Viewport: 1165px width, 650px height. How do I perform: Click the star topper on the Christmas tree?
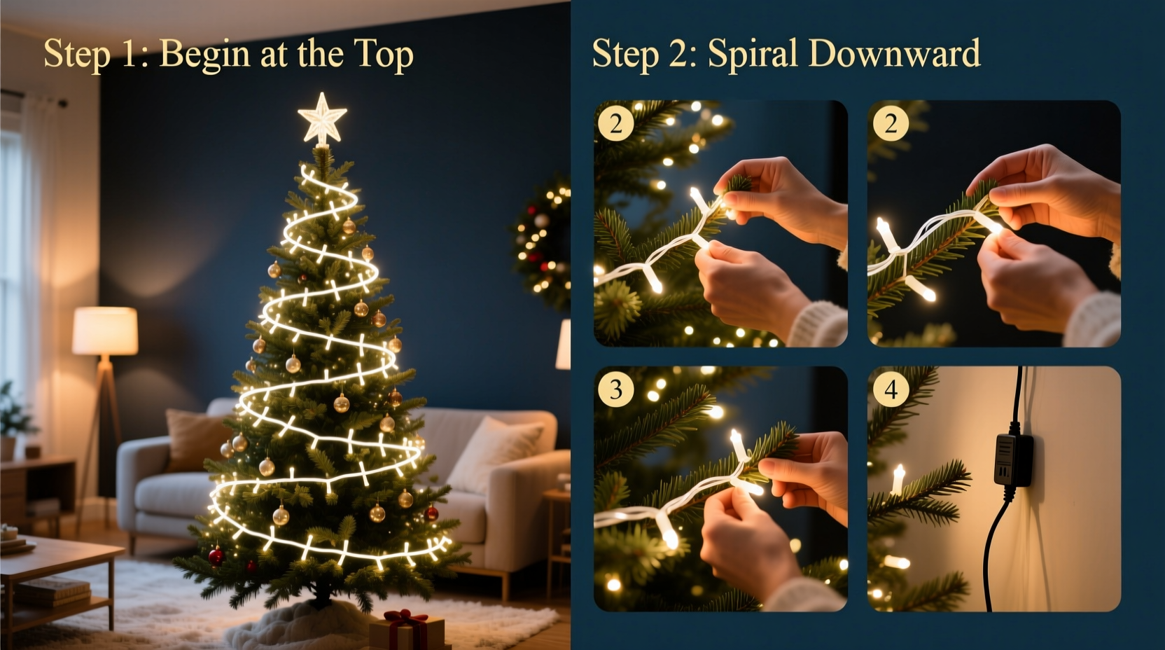[322, 119]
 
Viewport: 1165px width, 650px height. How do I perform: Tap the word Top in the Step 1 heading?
[383, 55]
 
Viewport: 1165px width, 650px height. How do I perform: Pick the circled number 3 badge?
[616, 389]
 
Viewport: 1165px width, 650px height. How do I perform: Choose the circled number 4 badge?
[891, 389]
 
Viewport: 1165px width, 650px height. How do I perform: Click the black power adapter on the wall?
[1013, 458]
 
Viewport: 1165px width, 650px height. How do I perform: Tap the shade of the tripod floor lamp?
[105, 331]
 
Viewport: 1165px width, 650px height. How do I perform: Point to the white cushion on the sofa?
[493, 452]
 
